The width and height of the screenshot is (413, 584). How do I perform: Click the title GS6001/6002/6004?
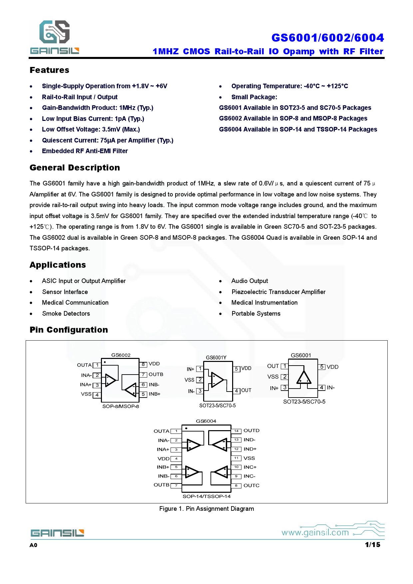click(x=327, y=38)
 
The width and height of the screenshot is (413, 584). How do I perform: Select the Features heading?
click(x=49, y=70)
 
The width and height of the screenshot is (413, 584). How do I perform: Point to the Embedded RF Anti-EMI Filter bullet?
click(x=85, y=151)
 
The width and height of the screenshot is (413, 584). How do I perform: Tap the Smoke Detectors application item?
click(x=66, y=314)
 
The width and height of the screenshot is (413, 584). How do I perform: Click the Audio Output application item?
click(x=249, y=281)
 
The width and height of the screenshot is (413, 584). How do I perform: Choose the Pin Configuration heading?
click(x=69, y=330)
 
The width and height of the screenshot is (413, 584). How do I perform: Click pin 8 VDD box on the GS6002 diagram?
click(x=143, y=365)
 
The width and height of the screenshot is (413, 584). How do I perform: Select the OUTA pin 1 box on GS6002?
click(x=97, y=365)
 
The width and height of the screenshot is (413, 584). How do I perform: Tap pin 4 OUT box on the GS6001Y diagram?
click(x=236, y=391)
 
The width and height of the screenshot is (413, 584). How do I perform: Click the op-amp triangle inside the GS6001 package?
click(x=304, y=378)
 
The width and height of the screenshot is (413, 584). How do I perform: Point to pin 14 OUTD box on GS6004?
click(x=236, y=431)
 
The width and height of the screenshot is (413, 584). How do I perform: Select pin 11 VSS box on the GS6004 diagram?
click(x=236, y=458)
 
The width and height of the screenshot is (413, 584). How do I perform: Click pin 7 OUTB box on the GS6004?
click(x=176, y=486)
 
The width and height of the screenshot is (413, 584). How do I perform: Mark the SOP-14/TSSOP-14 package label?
click(x=206, y=496)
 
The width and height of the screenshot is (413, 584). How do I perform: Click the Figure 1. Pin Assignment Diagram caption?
click(x=206, y=509)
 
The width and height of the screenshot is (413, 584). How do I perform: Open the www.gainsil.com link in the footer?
click(x=315, y=533)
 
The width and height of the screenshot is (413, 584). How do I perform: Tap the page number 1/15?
click(x=372, y=545)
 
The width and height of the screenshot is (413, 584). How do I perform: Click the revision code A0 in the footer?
click(x=33, y=545)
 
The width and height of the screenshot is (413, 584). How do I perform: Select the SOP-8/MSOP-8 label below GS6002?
click(x=121, y=407)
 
